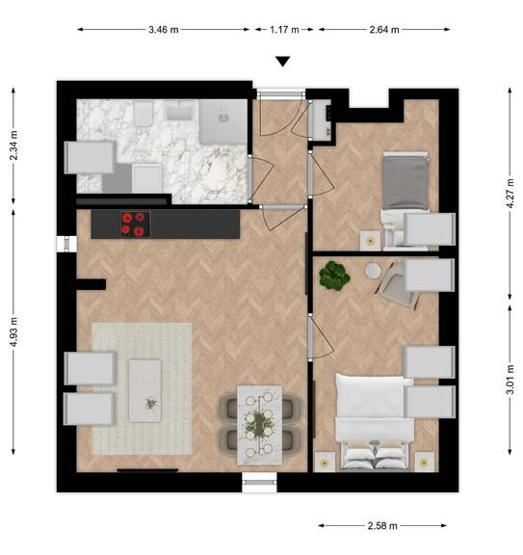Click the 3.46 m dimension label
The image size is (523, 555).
click(x=163, y=30)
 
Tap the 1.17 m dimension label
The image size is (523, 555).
click(x=284, y=30)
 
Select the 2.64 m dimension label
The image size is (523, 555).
click(x=384, y=30)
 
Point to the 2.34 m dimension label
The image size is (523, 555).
click(x=13, y=145)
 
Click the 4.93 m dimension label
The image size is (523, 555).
click(x=13, y=332)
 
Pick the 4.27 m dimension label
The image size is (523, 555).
click(x=510, y=194)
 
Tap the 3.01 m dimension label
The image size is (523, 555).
click(x=510, y=380)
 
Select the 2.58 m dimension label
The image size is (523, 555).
click(x=382, y=526)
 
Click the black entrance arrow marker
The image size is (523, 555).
click(x=283, y=62)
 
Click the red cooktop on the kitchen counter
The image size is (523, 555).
click(x=134, y=225)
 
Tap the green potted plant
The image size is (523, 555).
click(x=334, y=276)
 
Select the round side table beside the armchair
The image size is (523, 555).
click(x=373, y=271)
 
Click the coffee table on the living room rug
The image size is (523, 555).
click(x=145, y=391)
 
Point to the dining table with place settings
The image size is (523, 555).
click(x=259, y=425)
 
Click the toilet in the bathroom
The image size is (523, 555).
click(x=143, y=113)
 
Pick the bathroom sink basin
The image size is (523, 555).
click(x=180, y=110)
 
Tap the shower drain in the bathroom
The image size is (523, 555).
click(x=223, y=119)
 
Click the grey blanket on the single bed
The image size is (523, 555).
click(x=405, y=183)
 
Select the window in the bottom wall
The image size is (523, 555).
click(x=259, y=482)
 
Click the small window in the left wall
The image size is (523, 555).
click(x=66, y=244)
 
